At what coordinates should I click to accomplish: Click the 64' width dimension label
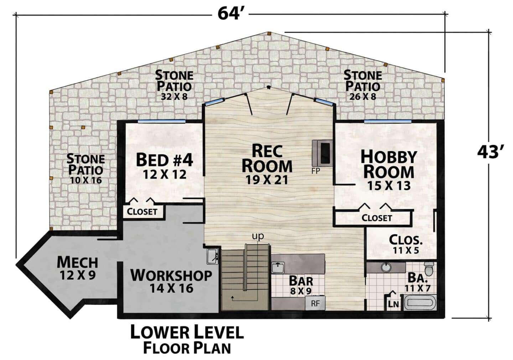[230, 14]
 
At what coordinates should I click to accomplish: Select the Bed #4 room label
[165, 166]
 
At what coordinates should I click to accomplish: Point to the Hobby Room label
[389, 170]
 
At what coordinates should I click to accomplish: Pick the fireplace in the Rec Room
[322, 153]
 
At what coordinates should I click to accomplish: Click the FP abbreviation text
[316, 171]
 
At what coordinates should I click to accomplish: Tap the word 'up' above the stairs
[258, 236]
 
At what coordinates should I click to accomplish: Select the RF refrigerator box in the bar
[315, 303]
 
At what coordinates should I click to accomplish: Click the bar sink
[278, 267]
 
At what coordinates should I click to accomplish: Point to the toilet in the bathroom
[429, 268]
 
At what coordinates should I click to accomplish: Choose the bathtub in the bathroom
[420, 303]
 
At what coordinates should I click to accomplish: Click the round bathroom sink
[387, 267]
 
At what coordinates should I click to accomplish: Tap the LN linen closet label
[393, 304]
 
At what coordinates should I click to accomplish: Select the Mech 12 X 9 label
[77, 268]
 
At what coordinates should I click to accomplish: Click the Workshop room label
[171, 281]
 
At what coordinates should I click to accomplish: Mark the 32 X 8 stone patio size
[174, 97]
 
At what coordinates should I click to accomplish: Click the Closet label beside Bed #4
[142, 211]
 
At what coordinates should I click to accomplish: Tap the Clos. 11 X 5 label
[406, 244]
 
